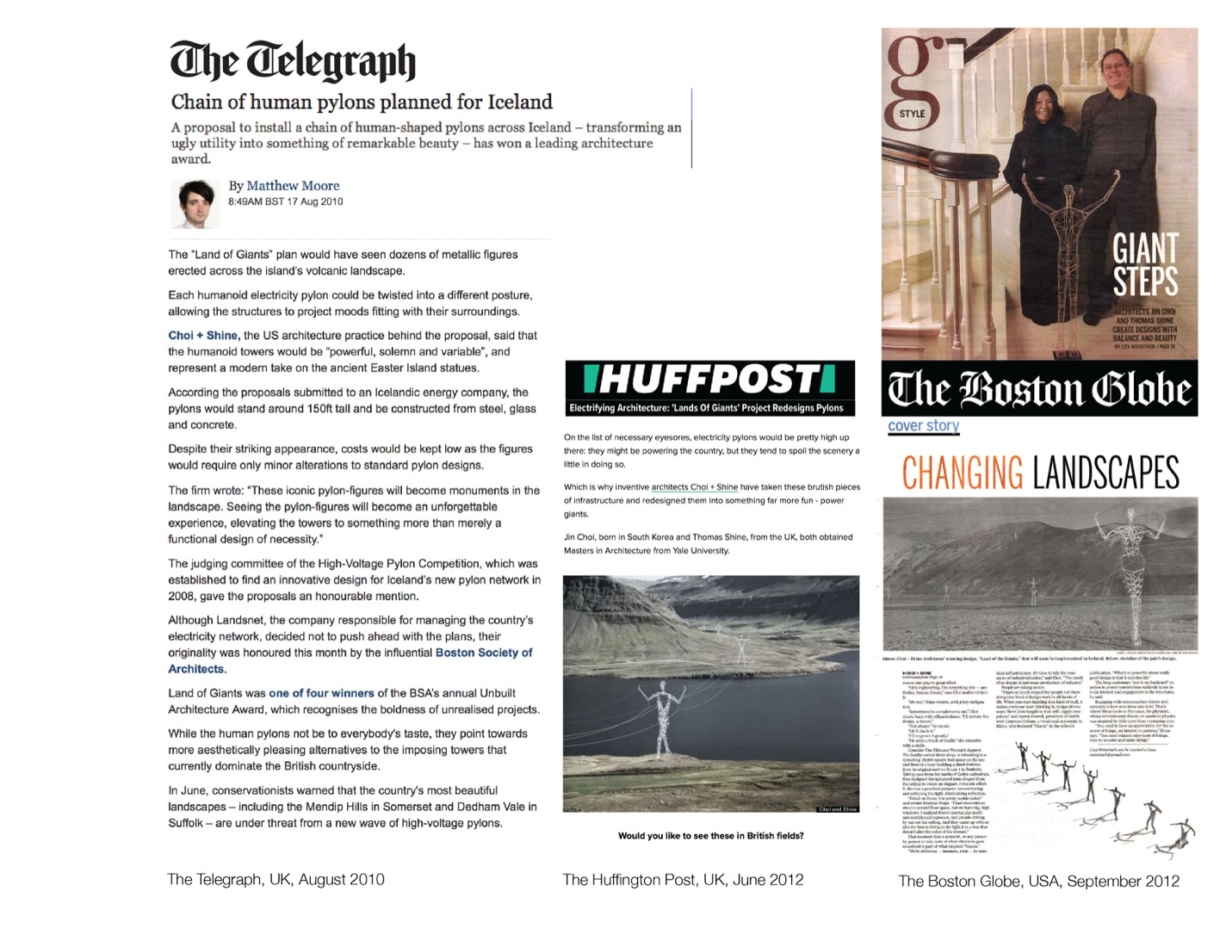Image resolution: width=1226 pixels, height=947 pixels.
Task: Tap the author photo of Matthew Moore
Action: pos(195,204)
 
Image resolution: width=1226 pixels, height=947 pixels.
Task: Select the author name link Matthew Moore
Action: pos(293,186)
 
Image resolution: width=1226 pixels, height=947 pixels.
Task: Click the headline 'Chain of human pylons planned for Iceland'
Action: pos(362,102)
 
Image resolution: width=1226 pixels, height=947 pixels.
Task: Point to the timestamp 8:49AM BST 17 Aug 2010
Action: pos(285,201)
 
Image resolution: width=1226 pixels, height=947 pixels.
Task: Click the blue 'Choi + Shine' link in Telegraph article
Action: pos(202,336)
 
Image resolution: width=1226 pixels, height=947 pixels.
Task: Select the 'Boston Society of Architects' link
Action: pos(484,653)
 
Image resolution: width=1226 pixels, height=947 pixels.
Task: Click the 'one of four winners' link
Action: pos(321,693)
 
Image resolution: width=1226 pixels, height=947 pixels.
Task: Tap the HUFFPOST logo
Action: pos(709,379)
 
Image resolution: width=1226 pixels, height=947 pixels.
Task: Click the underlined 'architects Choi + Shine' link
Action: pos(694,487)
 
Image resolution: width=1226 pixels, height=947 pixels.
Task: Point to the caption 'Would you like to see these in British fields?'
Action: pos(710,836)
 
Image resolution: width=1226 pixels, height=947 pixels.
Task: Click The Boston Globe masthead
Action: pos(1039,390)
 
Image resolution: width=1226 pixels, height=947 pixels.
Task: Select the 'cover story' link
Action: pos(923,425)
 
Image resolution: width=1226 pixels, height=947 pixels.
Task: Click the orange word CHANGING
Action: pos(962,473)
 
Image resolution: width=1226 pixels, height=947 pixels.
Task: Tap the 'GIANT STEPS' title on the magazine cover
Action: pos(1145,264)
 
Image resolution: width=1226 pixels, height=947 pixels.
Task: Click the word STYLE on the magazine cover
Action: pos(912,114)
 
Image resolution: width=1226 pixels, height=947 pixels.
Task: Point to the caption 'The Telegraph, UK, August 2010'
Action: pos(276,880)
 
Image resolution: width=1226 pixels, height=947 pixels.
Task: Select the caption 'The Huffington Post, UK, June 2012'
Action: pos(683,880)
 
